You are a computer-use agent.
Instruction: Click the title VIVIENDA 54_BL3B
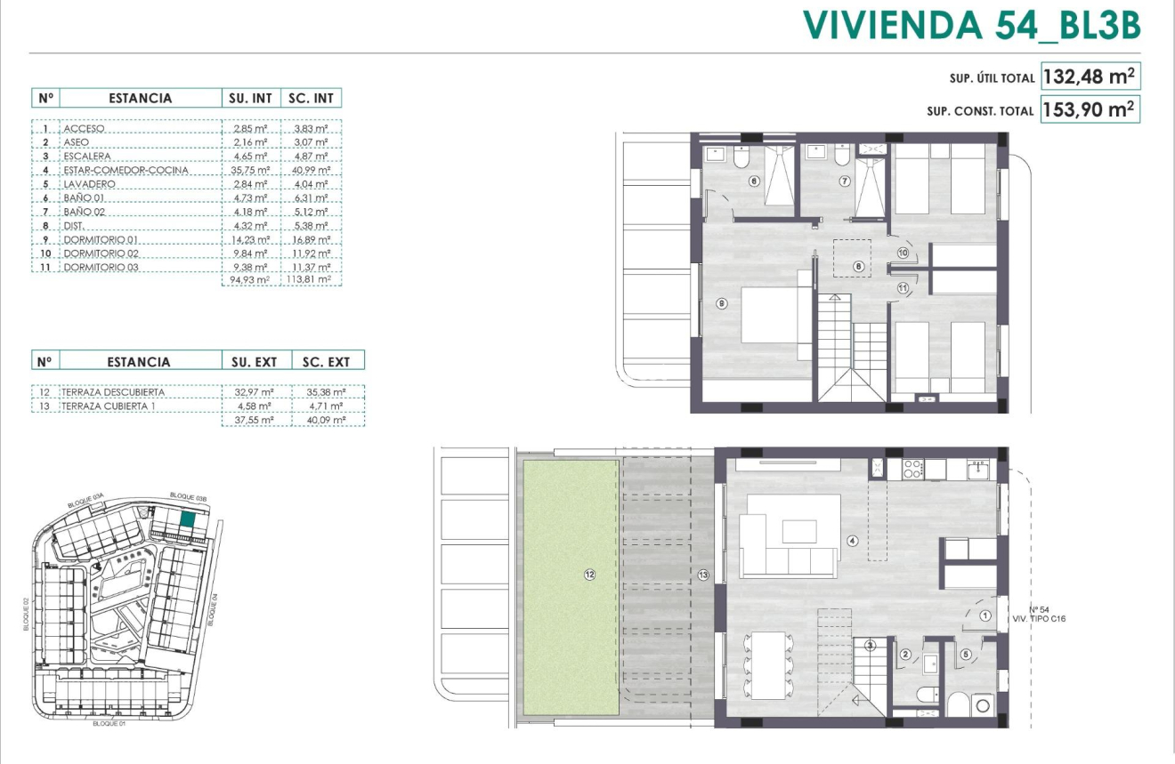pos(972,26)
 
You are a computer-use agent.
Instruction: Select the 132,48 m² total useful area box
pos(1090,77)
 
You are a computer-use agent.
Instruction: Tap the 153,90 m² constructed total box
pos(1090,110)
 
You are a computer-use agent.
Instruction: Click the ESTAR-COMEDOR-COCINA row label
pos(126,170)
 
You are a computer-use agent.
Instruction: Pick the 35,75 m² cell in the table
pos(249,170)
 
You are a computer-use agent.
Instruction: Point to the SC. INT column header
pos(311,98)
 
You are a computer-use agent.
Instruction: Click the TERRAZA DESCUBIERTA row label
pos(113,392)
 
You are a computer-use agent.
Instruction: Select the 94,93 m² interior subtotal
pos(249,279)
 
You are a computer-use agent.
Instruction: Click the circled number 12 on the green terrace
pos(589,575)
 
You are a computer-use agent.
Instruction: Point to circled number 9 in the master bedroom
pos(722,303)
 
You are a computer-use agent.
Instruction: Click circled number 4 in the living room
pos(852,540)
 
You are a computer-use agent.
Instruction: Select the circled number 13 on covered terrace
pos(703,575)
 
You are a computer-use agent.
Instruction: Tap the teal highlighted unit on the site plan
pos(188,520)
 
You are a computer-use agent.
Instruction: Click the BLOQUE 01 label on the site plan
pos(112,724)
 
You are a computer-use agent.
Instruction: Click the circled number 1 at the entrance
pos(985,615)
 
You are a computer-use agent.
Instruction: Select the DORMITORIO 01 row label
pos(102,240)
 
